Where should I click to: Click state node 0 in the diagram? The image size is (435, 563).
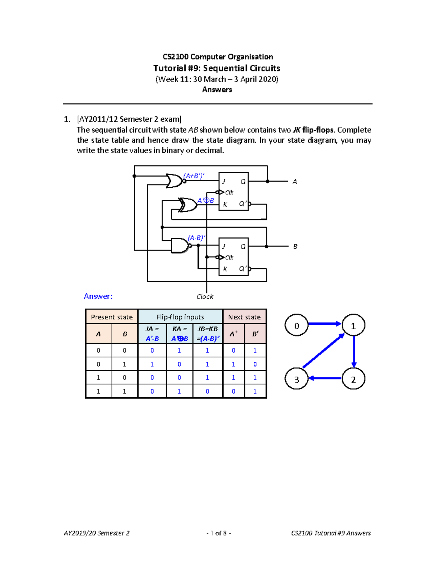(x=297, y=326)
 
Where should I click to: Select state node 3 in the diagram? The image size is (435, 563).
(x=297, y=379)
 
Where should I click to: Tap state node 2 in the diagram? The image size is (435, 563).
(x=353, y=379)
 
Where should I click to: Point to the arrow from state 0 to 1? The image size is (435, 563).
(x=324, y=324)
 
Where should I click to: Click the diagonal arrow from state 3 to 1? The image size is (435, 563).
(x=323, y=351)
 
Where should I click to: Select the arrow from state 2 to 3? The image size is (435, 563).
(x=325, y=378)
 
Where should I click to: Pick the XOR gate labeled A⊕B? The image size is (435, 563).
(x=188, y=205)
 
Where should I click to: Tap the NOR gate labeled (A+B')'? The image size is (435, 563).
(x=174, y=181)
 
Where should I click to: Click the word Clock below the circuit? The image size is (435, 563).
(x=205, y=297)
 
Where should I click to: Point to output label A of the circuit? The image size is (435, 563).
(x=295, y=182)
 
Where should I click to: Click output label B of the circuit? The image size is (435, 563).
(x=295, y=247)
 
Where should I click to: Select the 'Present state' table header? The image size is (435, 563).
(x=112, y=317)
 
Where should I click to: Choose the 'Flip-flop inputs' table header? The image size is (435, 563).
(x=180, y=317)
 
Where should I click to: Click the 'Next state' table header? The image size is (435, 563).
(x=244, y=317)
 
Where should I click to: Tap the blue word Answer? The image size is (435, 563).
(x=98, y=296)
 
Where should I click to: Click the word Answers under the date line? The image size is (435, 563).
(x=217, y=90)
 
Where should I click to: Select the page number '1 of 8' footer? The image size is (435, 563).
(x=219, y=533)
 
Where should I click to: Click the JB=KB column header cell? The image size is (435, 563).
(x=208, y=334)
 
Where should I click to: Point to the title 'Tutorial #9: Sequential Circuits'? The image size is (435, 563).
(x=217, y=68)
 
